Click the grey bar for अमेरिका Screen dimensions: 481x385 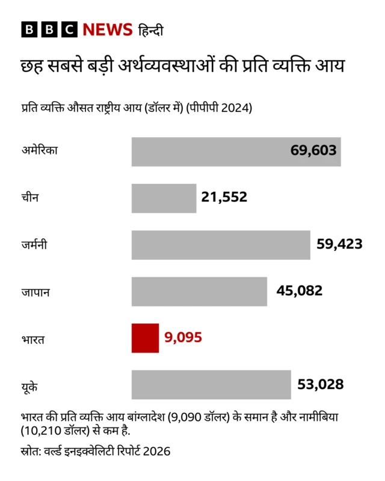(x=236, y=152)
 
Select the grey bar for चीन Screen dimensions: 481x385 (x=164, y=198)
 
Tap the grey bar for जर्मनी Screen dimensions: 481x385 (x=221, y=245)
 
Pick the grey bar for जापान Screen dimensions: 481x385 (x=199, y=291)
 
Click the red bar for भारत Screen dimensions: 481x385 (x=145, y=338)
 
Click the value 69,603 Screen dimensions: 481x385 (x=313, y=151)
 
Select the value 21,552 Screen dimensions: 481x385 (x=224, y=197)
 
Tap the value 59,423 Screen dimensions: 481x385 (x=339, y=244)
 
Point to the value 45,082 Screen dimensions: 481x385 (x=300, y=291)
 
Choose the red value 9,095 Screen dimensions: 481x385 (x=183, y=338)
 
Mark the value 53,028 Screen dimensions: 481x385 (x=321, y=384)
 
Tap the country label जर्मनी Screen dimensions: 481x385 (x=34, y=245)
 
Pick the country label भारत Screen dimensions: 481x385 (x=32, y=339)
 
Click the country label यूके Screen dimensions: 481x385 (x=29, y=385)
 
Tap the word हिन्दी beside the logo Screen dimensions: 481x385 (x=151, y=30)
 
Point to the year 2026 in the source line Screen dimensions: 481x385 (x=157, y=451)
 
